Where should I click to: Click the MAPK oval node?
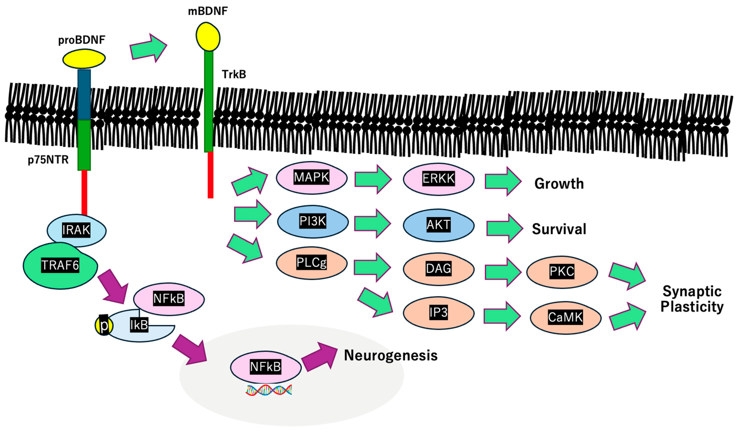click(312, 178)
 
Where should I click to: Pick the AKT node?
click(438, 225)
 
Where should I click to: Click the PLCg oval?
click(312, 263)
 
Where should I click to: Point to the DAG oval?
click(438, 269)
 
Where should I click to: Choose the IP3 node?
click(438, 313)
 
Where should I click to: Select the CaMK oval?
click(565, 318)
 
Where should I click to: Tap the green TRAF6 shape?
click(60, 265)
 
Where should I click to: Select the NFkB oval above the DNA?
click(265, 367)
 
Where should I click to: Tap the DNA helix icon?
click(269, 390)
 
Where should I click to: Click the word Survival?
click(559, 229)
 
